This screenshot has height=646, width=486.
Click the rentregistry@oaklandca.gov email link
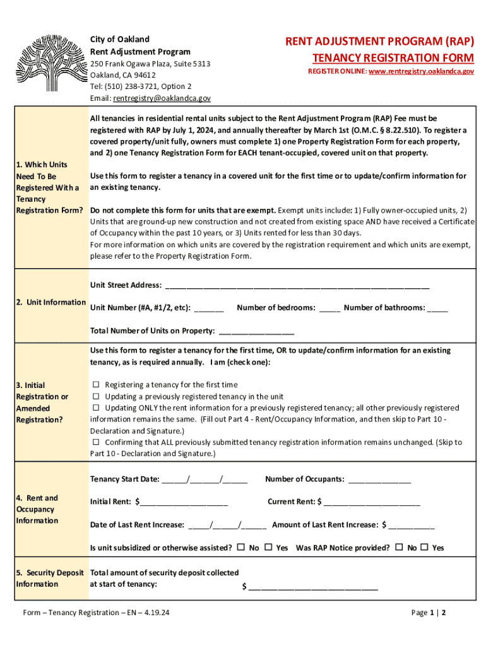[x=162, y=98]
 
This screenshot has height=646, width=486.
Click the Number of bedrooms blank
[x=329, y=309]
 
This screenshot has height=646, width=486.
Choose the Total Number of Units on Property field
[x=256, y=332]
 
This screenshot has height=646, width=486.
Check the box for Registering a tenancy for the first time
[x=97, y=385]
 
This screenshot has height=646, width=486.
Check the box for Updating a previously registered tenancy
[x=97, y=397]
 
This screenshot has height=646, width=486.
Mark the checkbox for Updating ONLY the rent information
[x=97, y=408]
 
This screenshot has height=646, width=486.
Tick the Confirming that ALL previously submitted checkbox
[x=97, y=442]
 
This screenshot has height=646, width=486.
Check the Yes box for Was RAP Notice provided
[x=424, y=547]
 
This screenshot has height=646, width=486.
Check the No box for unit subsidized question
[x=241, y=547]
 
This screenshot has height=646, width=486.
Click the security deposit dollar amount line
[x=313, y=588]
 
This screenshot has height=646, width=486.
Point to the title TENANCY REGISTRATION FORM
[x=393, y=58]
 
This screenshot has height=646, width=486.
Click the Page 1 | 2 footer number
[x=429, y=613]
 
